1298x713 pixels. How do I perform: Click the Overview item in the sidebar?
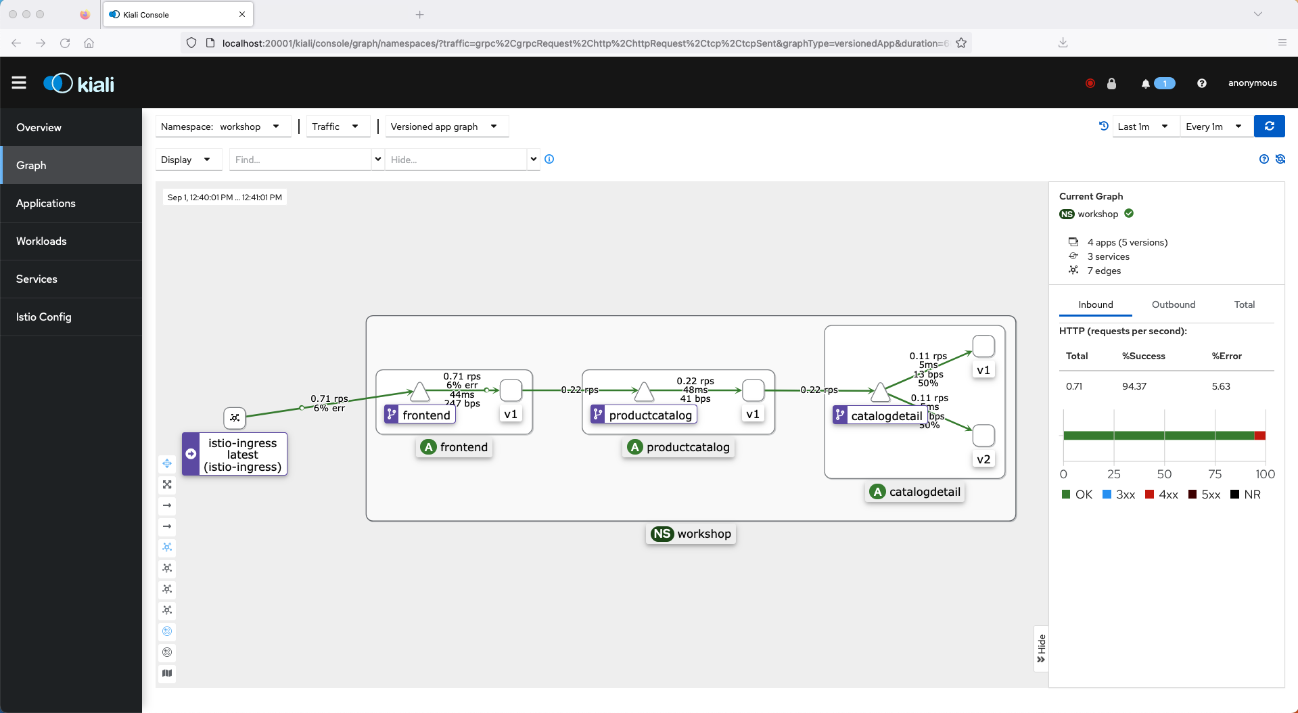(x=39, y=127)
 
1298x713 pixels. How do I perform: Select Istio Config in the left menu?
(x=43, y=317)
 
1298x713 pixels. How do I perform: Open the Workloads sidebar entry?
(x=41, y=241)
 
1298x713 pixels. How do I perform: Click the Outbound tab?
(x=1173, y=304)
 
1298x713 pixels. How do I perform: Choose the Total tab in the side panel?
(x=1244, y=304)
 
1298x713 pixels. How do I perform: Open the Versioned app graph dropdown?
(x=446, y=127)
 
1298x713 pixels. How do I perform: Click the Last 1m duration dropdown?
(x=1144, y=127)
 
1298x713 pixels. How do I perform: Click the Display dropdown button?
(x=186, y=160)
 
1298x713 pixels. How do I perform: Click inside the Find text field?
(x=300, y=160)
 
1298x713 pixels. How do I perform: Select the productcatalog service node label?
(x=649, y=415)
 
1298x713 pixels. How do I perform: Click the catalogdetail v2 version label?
(x=983, y=459)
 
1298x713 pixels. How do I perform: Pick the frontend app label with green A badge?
(x=455, y=447)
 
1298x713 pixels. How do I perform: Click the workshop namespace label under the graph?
(x=691, y=534)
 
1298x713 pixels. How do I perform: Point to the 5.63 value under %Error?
(x=1221, y=386)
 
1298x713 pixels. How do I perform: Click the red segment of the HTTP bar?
(x=1259, y=436)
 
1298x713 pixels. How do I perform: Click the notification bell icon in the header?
(x=1145, y=84)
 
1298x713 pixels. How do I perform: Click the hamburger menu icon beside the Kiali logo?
(x=19, y=83)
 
